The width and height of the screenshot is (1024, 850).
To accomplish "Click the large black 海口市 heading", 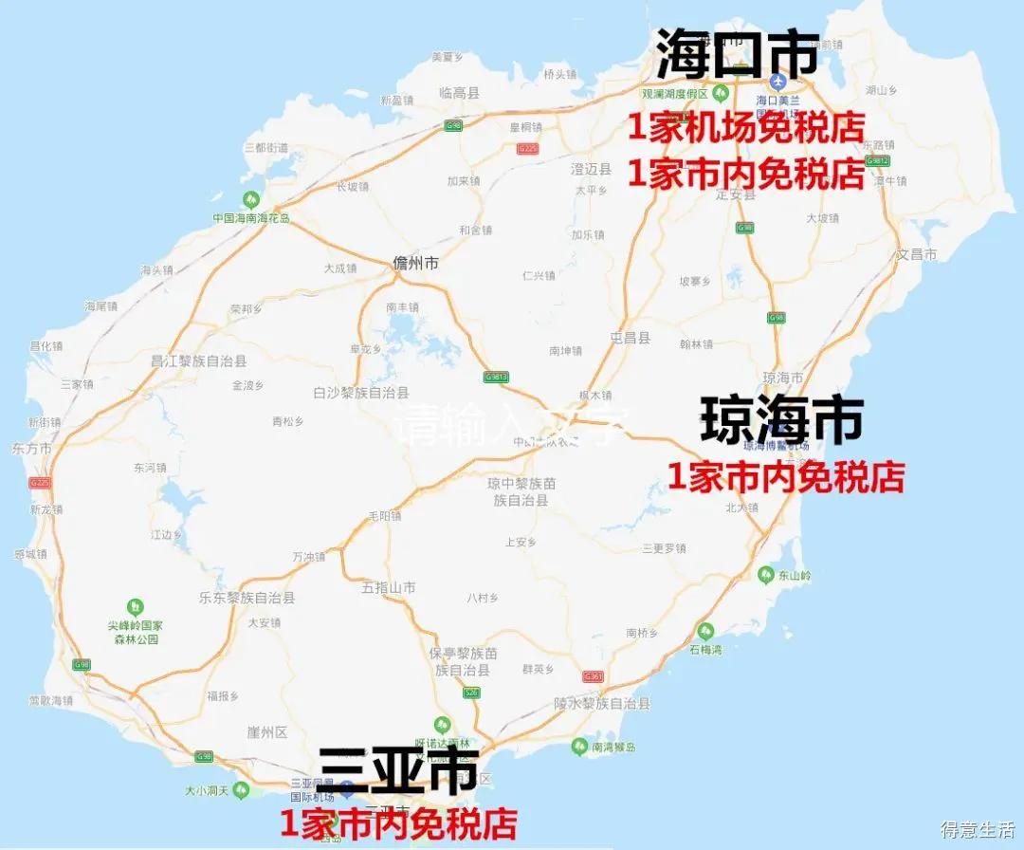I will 738,54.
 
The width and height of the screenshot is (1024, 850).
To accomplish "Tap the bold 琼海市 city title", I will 782,419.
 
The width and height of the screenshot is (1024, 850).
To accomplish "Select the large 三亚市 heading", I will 397,770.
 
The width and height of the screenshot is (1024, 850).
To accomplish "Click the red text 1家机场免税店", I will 746,127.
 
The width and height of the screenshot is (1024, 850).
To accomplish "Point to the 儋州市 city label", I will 416,265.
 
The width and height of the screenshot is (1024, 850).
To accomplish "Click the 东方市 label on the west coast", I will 32,448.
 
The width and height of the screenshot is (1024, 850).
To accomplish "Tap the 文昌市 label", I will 917,255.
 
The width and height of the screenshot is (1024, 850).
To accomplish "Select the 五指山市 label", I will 389,588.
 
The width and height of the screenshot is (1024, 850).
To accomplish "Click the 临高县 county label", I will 460,92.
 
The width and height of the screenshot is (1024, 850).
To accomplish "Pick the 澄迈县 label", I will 591,168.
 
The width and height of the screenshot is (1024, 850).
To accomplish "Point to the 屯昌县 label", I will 631,338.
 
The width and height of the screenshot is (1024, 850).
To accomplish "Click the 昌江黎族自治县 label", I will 199,361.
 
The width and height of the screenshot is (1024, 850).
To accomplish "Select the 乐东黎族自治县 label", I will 247,599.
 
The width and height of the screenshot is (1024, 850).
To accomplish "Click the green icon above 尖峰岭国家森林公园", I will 136,606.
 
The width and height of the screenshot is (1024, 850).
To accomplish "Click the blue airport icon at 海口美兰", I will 777,83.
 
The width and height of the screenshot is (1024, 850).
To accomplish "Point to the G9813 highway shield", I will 497,377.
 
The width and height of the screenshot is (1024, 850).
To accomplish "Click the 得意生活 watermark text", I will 977,829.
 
